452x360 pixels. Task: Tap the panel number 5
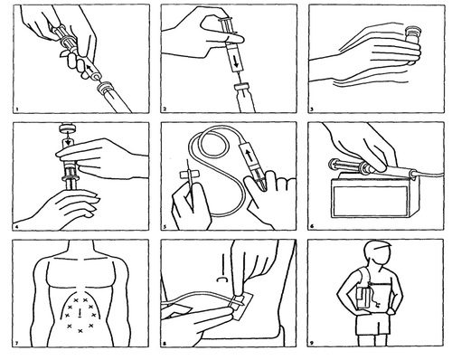(x=165, y=226)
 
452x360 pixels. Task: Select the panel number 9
(x=312, y=343)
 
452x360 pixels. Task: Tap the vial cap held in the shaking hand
(x=413, y=31)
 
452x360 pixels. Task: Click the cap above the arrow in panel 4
(x=68, y=128)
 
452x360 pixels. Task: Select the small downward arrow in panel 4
(x=69, y=140)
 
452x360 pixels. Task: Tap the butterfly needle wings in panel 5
(x=189, y=175)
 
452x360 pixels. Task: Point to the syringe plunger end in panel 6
(x=333, y=165)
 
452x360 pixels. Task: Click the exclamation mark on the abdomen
(x=80, y=313)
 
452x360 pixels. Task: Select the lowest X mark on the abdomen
(x=80, y=331)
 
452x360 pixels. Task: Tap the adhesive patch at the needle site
(x=240, y=304)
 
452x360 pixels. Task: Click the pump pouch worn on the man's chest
(x=364, y=298)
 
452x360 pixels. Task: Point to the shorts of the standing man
(x=372, y=324)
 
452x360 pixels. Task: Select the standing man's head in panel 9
(x=377, y=254)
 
